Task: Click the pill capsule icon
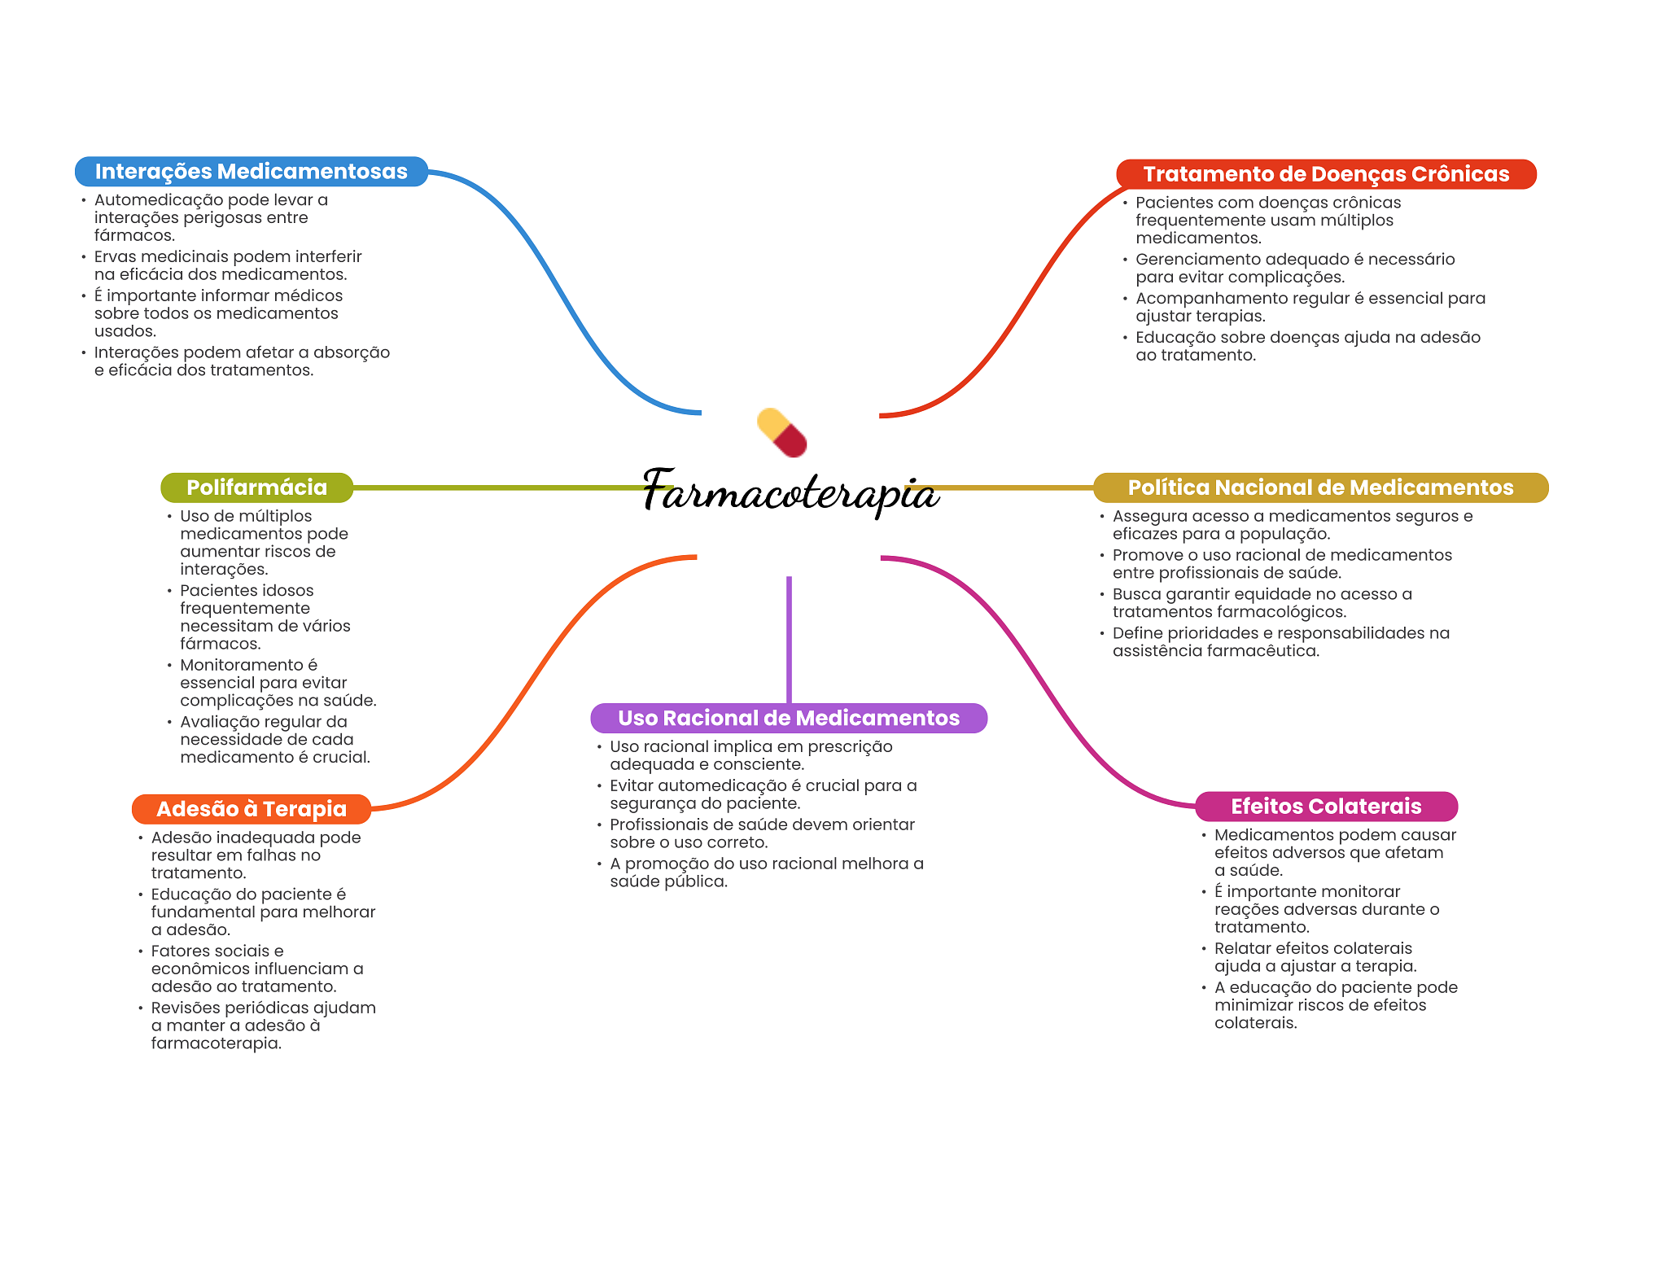781,432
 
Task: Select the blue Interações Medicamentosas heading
251,172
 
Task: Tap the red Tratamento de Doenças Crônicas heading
1325,174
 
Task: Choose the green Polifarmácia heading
256,488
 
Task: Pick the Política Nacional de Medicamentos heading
1319,488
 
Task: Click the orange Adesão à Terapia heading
251,809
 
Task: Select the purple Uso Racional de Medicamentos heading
788,718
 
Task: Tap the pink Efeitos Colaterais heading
1325,807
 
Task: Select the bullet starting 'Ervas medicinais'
228,265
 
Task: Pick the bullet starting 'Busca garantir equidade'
1262,603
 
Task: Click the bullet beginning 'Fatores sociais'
256,969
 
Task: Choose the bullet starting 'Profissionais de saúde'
762,833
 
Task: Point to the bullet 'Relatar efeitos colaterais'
1315,957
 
